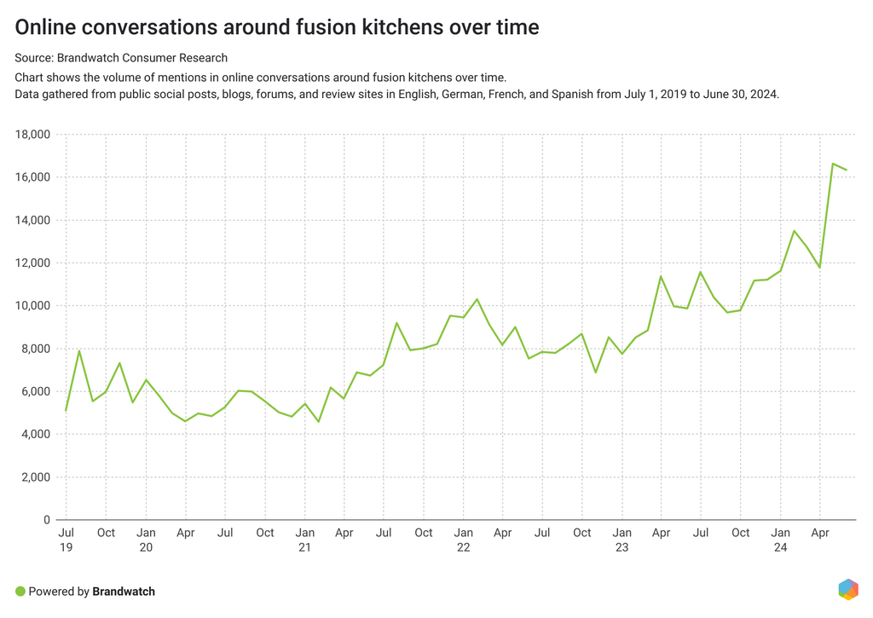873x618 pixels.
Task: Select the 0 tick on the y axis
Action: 48,520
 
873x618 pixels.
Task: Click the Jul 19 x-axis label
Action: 66,540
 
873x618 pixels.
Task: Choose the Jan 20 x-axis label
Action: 145,540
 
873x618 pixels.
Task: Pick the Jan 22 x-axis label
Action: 463,540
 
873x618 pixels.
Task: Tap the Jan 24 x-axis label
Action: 780,540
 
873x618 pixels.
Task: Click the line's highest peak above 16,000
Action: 833,164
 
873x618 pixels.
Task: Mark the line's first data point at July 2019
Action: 66,411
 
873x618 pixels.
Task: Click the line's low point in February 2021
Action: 318,422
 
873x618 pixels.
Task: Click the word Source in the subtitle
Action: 33,58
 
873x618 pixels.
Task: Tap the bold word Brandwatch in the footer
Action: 124,591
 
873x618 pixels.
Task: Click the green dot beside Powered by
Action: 20,591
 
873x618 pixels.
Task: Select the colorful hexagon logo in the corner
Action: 847,589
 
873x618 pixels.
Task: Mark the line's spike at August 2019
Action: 79,350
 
